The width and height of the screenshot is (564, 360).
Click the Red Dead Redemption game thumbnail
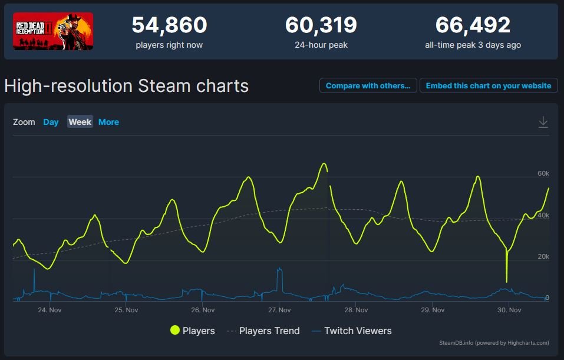point(53,31)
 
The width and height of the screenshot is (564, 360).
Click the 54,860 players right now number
point(169,25)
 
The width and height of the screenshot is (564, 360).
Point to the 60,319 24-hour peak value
point(321,25)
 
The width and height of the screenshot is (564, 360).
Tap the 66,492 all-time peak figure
point(473,25)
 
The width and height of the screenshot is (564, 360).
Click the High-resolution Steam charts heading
point(126,86)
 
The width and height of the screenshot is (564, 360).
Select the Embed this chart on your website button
point(489,85)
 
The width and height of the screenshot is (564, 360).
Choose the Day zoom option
point(51,122)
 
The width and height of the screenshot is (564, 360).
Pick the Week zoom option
point(80,122)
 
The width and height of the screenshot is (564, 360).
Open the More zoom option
point(108,122)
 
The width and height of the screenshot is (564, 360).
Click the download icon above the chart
point(543,122)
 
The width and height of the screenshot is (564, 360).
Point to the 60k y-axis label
point(543,174)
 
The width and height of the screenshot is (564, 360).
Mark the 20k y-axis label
point(543,257)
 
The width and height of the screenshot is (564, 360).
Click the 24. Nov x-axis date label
point(50,310)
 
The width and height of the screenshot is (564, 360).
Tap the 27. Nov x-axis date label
point(279,310)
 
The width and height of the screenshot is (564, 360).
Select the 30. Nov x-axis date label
point(509,310)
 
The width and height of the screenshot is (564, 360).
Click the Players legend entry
point(193,331)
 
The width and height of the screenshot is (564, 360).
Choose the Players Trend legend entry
point(263,331)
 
